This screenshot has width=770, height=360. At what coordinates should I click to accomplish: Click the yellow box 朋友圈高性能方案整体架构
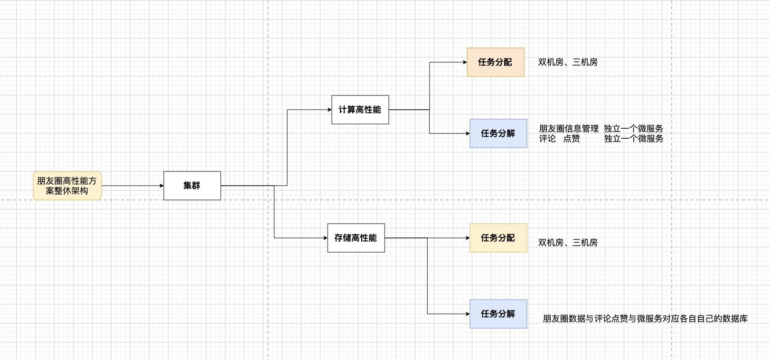coord(67,186)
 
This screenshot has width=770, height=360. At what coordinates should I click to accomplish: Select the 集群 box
coord(192,186)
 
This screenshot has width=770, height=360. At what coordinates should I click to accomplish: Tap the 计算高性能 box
coord(360,110)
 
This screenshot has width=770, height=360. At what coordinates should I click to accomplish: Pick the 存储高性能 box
coord(356,238)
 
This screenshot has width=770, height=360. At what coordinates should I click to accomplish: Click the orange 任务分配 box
coord(495,62)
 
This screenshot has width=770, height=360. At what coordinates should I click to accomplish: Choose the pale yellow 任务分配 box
coord(498,238)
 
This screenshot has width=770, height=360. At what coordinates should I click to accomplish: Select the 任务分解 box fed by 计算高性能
coord(498,133)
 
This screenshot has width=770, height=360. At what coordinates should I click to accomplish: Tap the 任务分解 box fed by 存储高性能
coord(498,314)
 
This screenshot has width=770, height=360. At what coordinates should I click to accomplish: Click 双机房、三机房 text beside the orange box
coord(567,62)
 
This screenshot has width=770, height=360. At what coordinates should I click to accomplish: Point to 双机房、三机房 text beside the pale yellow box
coord(567,243)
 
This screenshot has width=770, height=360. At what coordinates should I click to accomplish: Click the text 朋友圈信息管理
coord(568,129)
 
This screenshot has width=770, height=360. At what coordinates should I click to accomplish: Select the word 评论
coord(547,139)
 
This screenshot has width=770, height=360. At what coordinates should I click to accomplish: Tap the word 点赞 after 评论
coord(571,139)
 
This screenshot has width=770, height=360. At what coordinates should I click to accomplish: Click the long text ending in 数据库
coord(645,319)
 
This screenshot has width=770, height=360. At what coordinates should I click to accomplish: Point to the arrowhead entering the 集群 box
coord(161,186)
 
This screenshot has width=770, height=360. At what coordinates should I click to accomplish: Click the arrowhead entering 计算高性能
coord(329,110)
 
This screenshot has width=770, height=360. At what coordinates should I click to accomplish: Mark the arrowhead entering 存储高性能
coord(325,238)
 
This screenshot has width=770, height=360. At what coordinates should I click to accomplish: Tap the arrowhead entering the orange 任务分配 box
coord(465,62)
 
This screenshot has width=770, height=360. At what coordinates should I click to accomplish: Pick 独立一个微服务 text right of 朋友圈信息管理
coord(633,129)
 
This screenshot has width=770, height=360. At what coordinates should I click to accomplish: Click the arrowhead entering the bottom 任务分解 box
coord(468,314)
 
